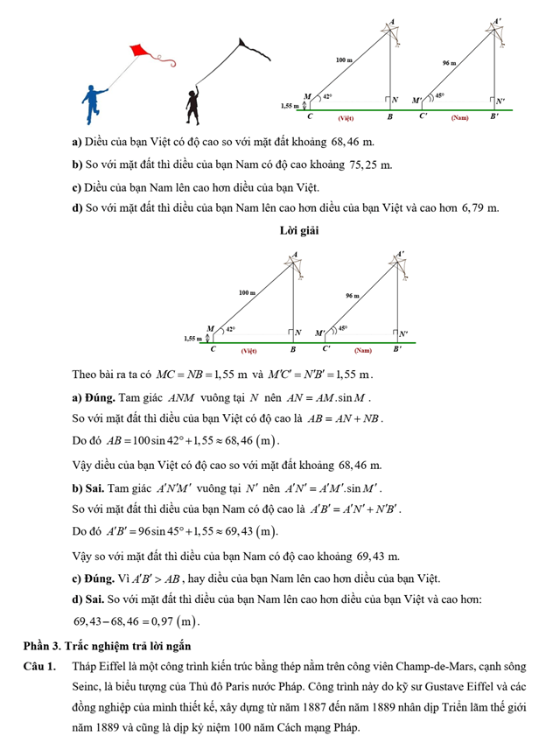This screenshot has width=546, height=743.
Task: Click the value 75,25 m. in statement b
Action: click(x=370, y=165)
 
